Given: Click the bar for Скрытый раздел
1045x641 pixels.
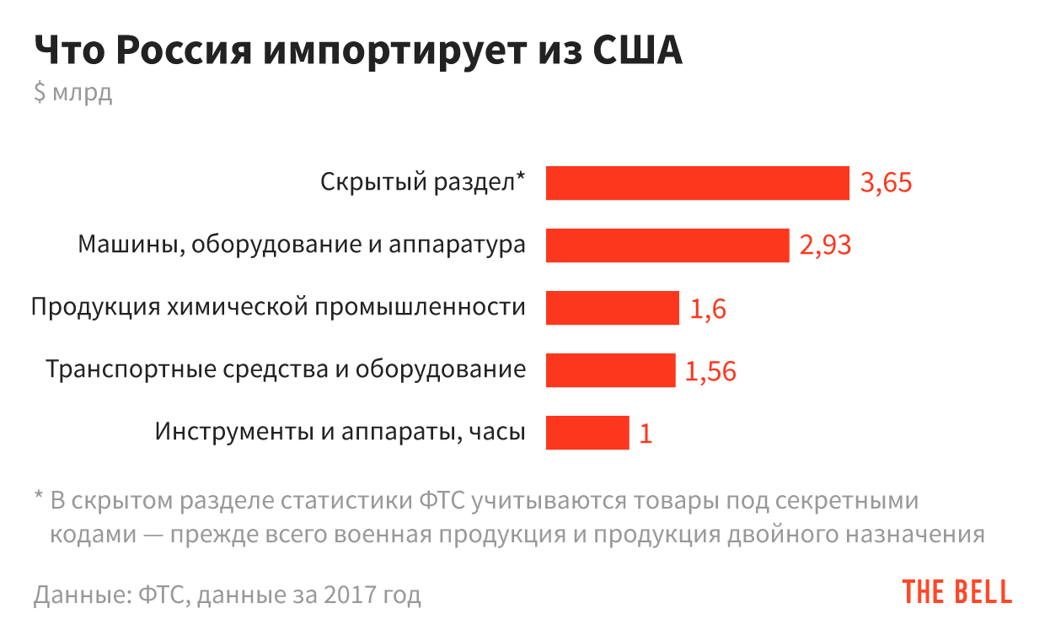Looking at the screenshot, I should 697,183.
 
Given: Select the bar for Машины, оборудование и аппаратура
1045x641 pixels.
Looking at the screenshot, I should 667,245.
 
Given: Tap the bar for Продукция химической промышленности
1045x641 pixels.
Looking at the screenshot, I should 612,308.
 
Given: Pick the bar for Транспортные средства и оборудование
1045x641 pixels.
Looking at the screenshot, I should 610,370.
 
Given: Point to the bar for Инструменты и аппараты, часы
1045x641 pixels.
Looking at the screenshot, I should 587,433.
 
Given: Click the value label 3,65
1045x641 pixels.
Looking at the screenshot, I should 886,183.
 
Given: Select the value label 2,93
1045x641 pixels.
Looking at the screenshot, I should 825,245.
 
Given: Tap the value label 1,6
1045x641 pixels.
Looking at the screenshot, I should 708,309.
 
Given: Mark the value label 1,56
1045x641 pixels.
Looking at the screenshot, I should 710,371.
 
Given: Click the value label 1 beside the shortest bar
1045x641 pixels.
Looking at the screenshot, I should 646,434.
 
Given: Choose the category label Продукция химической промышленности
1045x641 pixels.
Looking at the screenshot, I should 278,307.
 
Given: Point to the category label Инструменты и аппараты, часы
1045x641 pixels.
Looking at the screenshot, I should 340,432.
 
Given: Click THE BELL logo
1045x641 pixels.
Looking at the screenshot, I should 957,592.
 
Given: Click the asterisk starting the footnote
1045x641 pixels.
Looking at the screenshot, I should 38,498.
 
